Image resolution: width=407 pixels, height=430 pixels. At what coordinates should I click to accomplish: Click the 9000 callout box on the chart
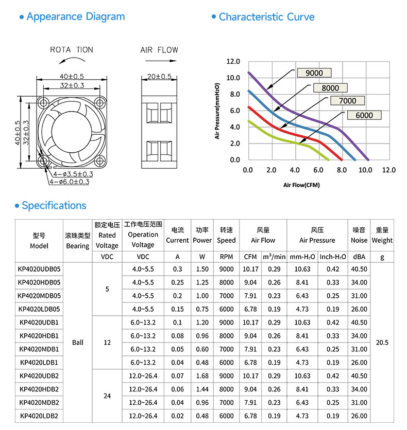pyautogui.click(x=314, y=73)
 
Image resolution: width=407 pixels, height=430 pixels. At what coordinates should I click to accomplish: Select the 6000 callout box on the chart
pyautogui.click(x=364, y=115)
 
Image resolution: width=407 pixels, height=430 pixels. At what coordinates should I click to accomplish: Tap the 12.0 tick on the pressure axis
pyautogui.click(x=233, y=61)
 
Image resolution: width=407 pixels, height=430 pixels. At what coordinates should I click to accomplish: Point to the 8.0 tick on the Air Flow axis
pyautogui.click(x=342, y=170)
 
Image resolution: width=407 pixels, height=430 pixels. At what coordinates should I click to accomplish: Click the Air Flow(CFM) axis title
pyautogui.click(x=301, y=185)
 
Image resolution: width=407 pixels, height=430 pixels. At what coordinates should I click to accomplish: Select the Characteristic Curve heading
pyautogui.click(x=263, y=17)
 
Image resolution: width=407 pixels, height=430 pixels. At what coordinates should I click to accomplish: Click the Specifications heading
pyautogui.click(x=50, y=205)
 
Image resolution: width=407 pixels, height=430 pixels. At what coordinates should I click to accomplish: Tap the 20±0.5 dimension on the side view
pyautogui.click(x=159, y=77)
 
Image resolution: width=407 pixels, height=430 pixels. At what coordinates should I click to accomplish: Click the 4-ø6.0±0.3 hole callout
pyautogui.click(x=70, y=182)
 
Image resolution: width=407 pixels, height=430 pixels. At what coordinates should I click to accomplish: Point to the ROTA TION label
pyautogui.click(x=72, y=50)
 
